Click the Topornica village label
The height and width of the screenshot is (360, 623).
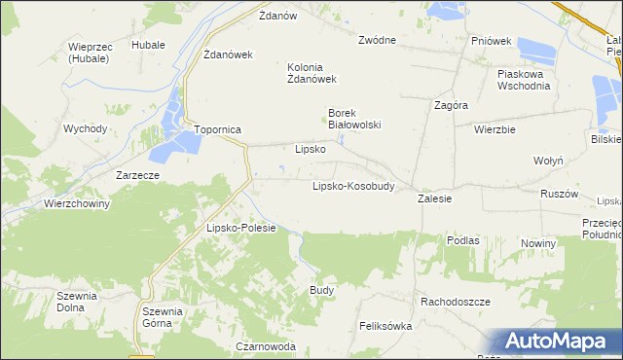pos(217,129)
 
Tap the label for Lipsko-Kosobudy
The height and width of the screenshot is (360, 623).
pos(352,186)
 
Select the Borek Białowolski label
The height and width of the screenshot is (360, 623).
pos(353,119)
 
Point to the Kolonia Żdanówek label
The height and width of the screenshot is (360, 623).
pos(311,73)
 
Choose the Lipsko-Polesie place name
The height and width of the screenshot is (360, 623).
pos(241,228)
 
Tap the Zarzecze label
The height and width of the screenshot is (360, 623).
pos(137,175)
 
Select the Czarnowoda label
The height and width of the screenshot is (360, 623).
pos(265,346)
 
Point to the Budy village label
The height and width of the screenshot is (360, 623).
pos(322,290)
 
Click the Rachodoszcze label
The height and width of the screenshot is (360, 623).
pos(456,302)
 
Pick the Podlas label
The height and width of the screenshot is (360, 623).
pos(462,239)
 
